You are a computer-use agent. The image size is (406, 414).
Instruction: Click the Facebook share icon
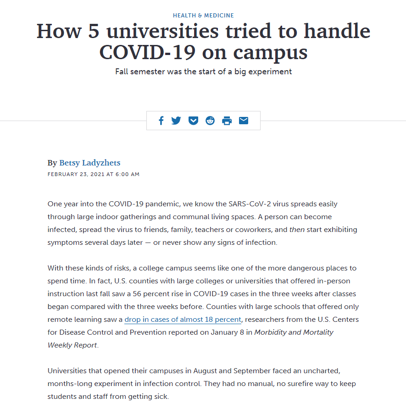(x=161, y=121)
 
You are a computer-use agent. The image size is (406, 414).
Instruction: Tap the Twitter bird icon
(x=176, y=121)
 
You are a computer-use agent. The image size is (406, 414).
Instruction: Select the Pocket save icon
(x=193, y=121)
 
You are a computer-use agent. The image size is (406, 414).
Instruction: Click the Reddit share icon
(x=210, y=121)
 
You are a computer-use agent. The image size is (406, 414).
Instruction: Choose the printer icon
(x=227, y=121)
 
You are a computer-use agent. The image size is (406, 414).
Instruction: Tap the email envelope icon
(x=244, y=121)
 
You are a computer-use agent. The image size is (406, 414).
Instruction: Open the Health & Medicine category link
(x=203, y=16)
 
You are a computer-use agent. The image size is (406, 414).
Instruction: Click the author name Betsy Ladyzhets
(x=90, y=163)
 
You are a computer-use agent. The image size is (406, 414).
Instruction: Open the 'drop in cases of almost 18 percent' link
(x=183, y=319)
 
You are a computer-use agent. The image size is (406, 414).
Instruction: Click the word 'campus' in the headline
(x=270, y=52)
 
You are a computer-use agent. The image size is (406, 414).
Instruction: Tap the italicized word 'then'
(x=297, y=229)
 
